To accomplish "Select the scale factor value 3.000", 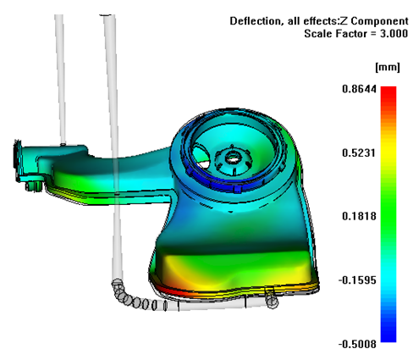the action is point(394,34).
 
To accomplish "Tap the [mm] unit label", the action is point(388,67).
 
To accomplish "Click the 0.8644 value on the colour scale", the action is point(359,89).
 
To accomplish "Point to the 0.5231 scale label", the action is point(359,152).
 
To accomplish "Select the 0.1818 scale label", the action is point(359,216).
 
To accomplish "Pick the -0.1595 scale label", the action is point(357,280).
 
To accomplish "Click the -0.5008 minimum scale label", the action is point(357,344).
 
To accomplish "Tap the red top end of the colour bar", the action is point(388,90).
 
